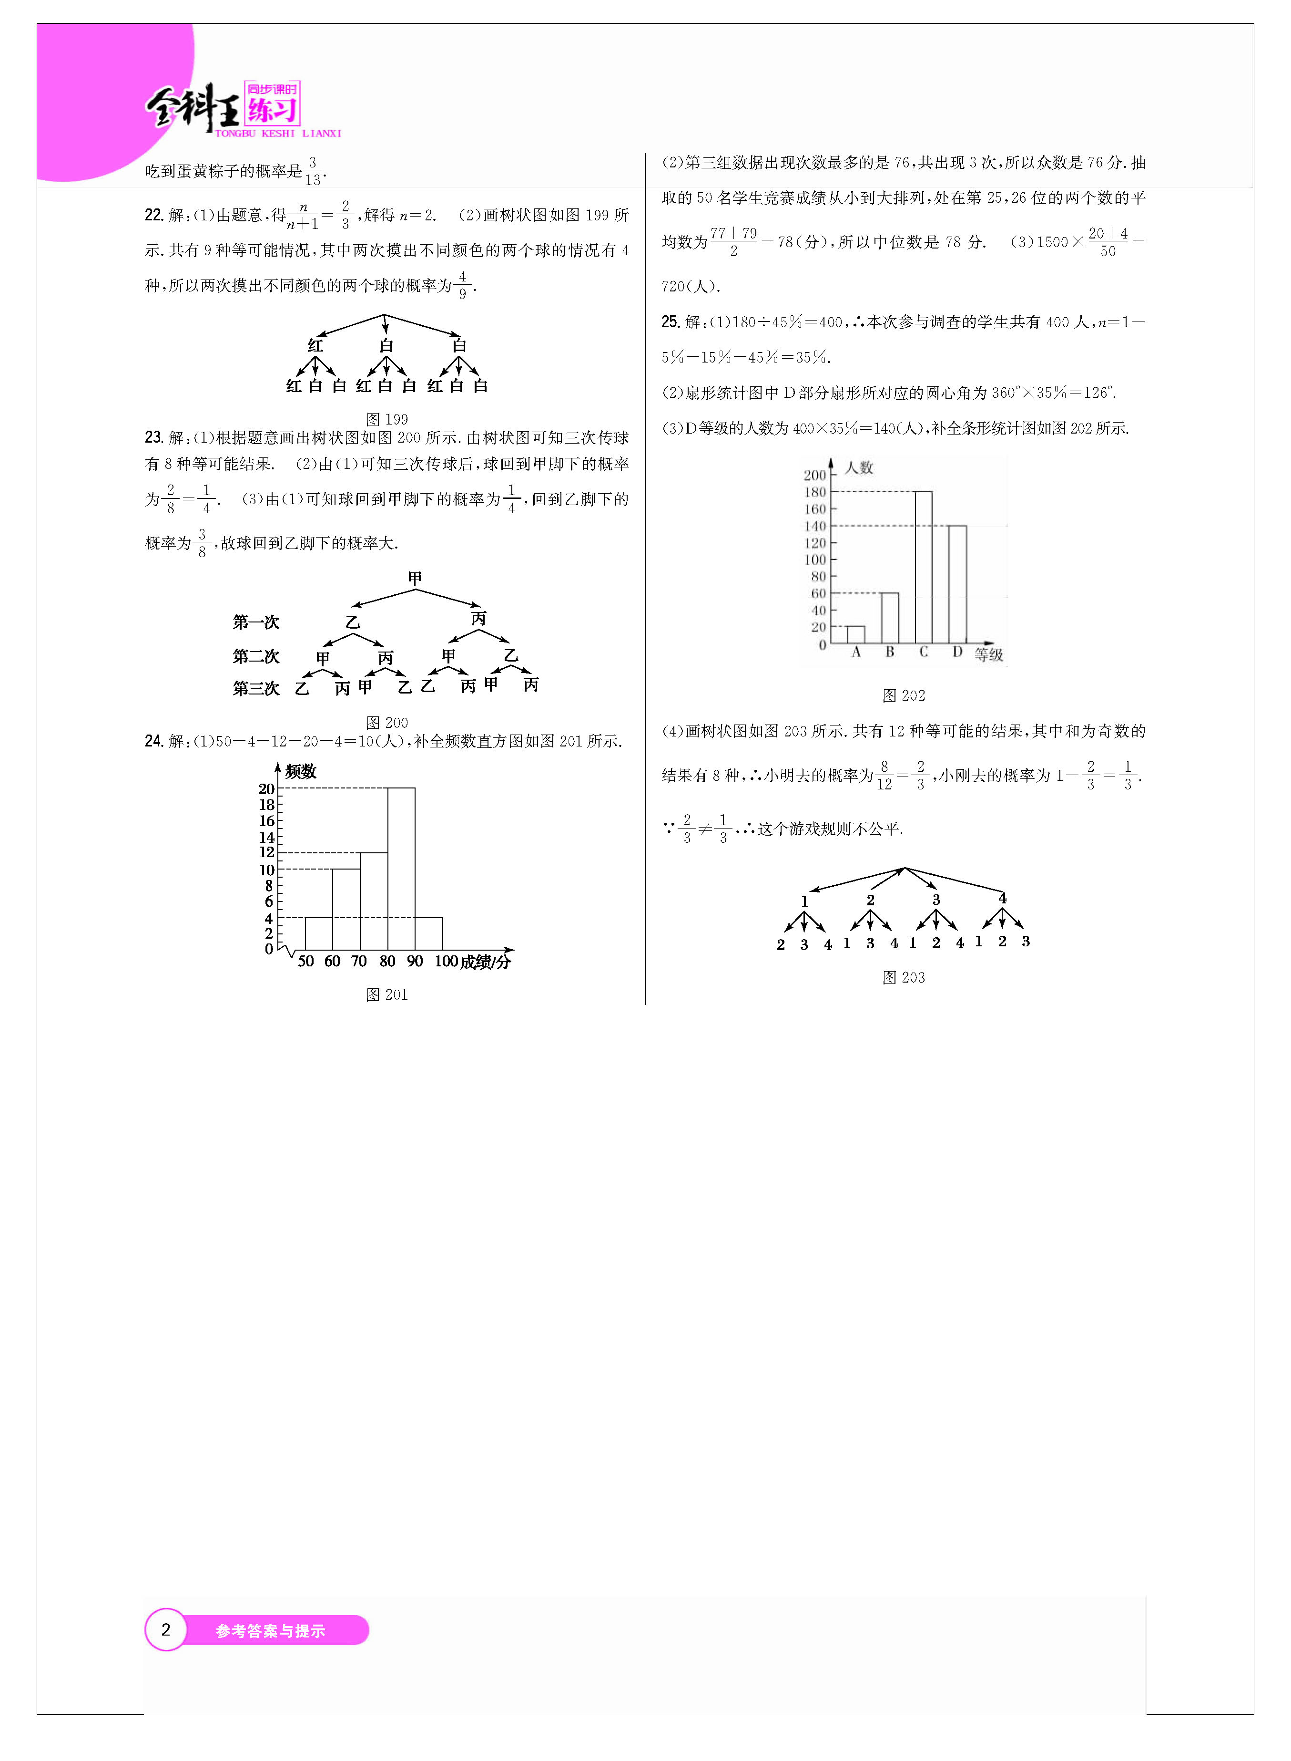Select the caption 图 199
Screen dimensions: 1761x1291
[387, 419]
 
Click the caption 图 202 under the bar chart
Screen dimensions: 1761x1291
[904, 695]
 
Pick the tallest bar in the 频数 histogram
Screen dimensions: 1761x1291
[401, 868]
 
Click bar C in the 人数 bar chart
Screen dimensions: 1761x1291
[923, 567]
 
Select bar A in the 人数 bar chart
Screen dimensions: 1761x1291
[856, 635]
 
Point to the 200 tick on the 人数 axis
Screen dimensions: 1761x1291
[814, 475]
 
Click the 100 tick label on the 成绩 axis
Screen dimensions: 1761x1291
[446, 961]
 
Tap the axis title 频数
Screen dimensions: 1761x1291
[301, 772]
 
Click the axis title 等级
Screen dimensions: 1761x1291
[988, 654]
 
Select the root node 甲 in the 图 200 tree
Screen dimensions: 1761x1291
[415, 578]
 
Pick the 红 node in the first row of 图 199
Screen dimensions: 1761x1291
[315, 345]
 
